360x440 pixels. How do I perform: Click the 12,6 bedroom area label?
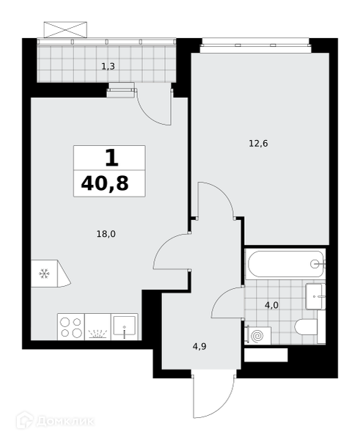click(x=258, y=144)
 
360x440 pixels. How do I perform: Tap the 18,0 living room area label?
click(x=106, y=234)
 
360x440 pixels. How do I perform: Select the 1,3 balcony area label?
click(x=108, y=67)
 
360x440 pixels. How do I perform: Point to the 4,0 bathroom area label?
click(x=271, y=305)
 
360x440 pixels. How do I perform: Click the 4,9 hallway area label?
click(x=199, y=347)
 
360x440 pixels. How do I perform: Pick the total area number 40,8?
click(x=105, y=184)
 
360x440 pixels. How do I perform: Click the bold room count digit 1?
click(x=111, y=158)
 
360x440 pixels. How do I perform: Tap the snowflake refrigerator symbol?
click(x=44, y=274)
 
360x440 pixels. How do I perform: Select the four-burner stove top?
click(x=71, y=327)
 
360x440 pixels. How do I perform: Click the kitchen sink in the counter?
click(x=125, y=326)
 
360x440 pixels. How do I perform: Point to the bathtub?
click(x=285, y=264)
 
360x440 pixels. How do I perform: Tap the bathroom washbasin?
click(x=315, y=296)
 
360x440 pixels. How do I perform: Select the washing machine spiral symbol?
click(x=257, y=336)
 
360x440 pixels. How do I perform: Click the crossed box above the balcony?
click(x=65, y=29)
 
